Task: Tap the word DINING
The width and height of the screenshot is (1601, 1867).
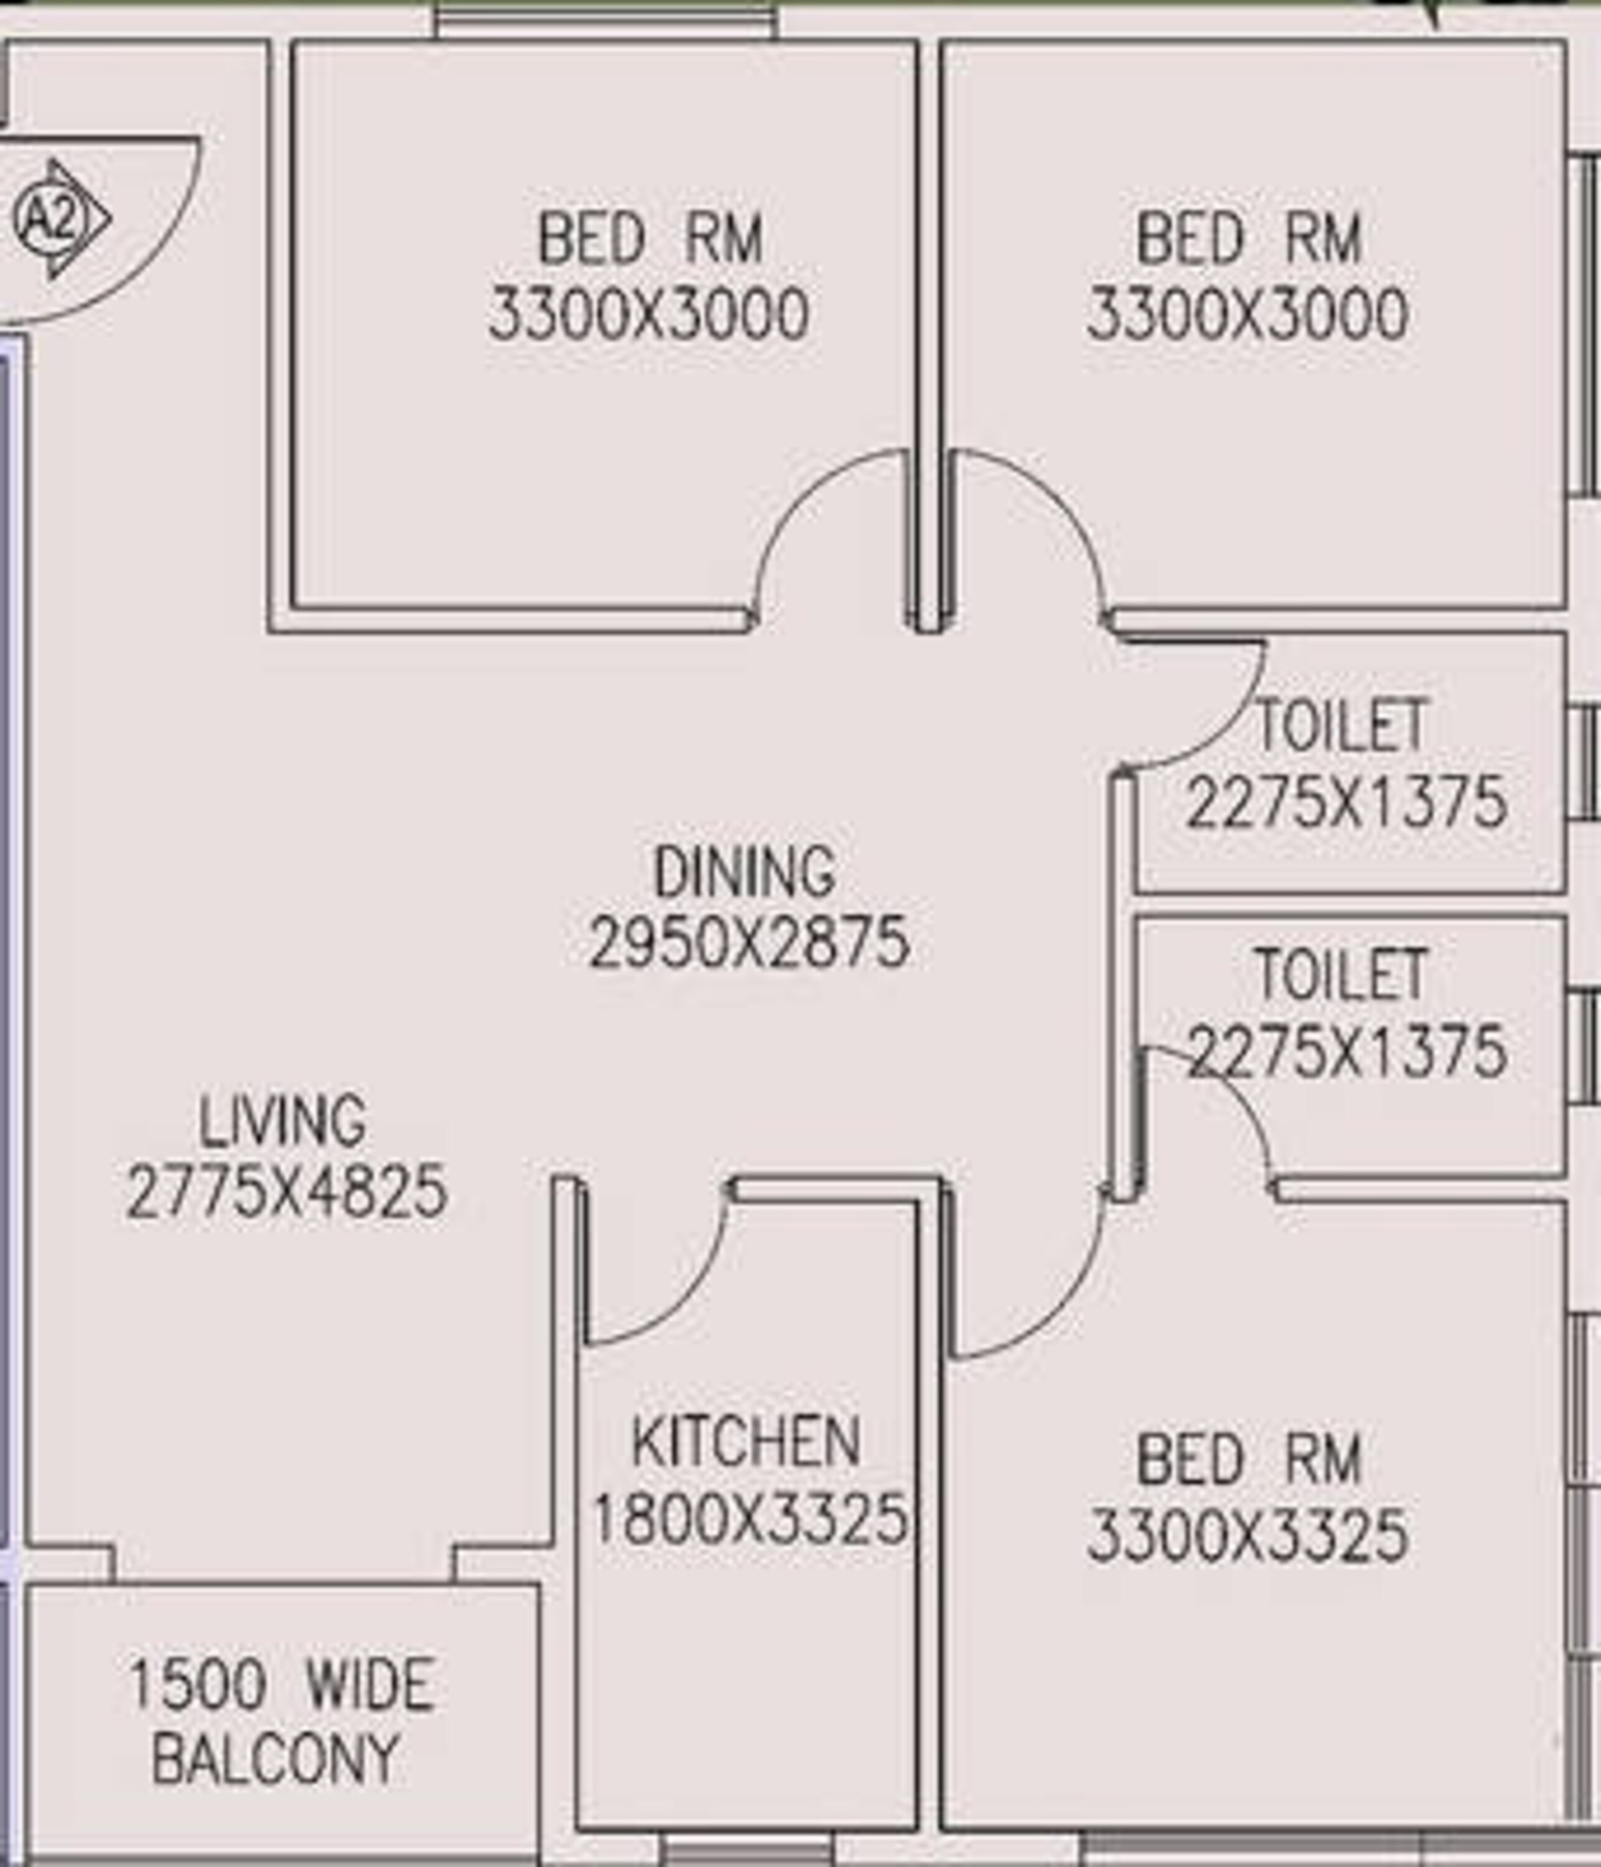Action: (744, 873)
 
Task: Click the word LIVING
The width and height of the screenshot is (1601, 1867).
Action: (282, 1122)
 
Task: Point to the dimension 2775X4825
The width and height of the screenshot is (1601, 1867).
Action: (286, 1192)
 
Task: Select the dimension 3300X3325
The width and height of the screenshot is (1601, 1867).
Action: (1248, 1535)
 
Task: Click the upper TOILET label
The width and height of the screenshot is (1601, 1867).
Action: (1342, 726)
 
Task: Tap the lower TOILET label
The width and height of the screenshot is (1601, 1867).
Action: (1342, 975)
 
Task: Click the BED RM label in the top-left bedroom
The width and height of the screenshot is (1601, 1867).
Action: (650, 240)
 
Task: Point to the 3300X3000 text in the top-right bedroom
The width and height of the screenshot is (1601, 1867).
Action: (1248, 316)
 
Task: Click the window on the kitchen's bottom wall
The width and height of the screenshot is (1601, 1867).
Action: (746, 1851)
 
